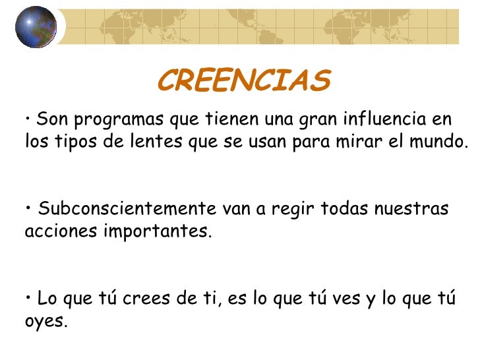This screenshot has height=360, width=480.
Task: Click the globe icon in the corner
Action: pyautogui.click(x=32, y=27)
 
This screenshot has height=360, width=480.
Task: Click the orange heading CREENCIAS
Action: pyautogui.click(x=243, y=81)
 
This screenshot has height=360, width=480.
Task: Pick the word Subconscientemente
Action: pyautogui.click(x=127, y=210)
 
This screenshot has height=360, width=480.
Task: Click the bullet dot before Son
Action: pyautogui.click(x=30, y=119)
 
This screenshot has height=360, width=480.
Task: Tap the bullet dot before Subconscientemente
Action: pyautogui.click(x=30, y=208)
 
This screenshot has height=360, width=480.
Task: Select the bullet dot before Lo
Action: pyautogui.click(x=30, y=298)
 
